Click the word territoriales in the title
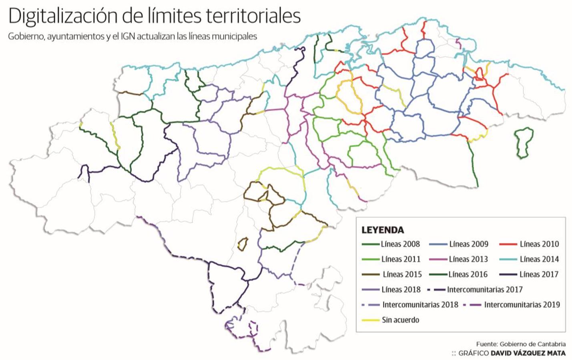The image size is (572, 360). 253,16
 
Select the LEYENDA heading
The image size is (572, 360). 382,230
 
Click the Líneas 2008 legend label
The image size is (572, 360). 400,244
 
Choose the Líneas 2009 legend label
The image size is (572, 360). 468,244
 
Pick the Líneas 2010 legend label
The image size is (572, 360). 539,244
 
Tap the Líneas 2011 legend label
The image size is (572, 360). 401,259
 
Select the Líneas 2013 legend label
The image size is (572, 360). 468,259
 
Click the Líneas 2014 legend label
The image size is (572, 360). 539,259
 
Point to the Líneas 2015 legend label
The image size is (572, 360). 402,274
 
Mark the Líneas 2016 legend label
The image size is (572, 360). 468,274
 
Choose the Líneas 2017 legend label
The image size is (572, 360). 539,274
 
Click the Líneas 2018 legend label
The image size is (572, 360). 401,290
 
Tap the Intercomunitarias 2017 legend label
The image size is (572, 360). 484,290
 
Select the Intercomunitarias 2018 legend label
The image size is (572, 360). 420,305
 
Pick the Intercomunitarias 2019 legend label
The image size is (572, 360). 522,305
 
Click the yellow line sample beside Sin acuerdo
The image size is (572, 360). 370,320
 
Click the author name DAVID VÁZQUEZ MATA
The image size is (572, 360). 528,353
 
